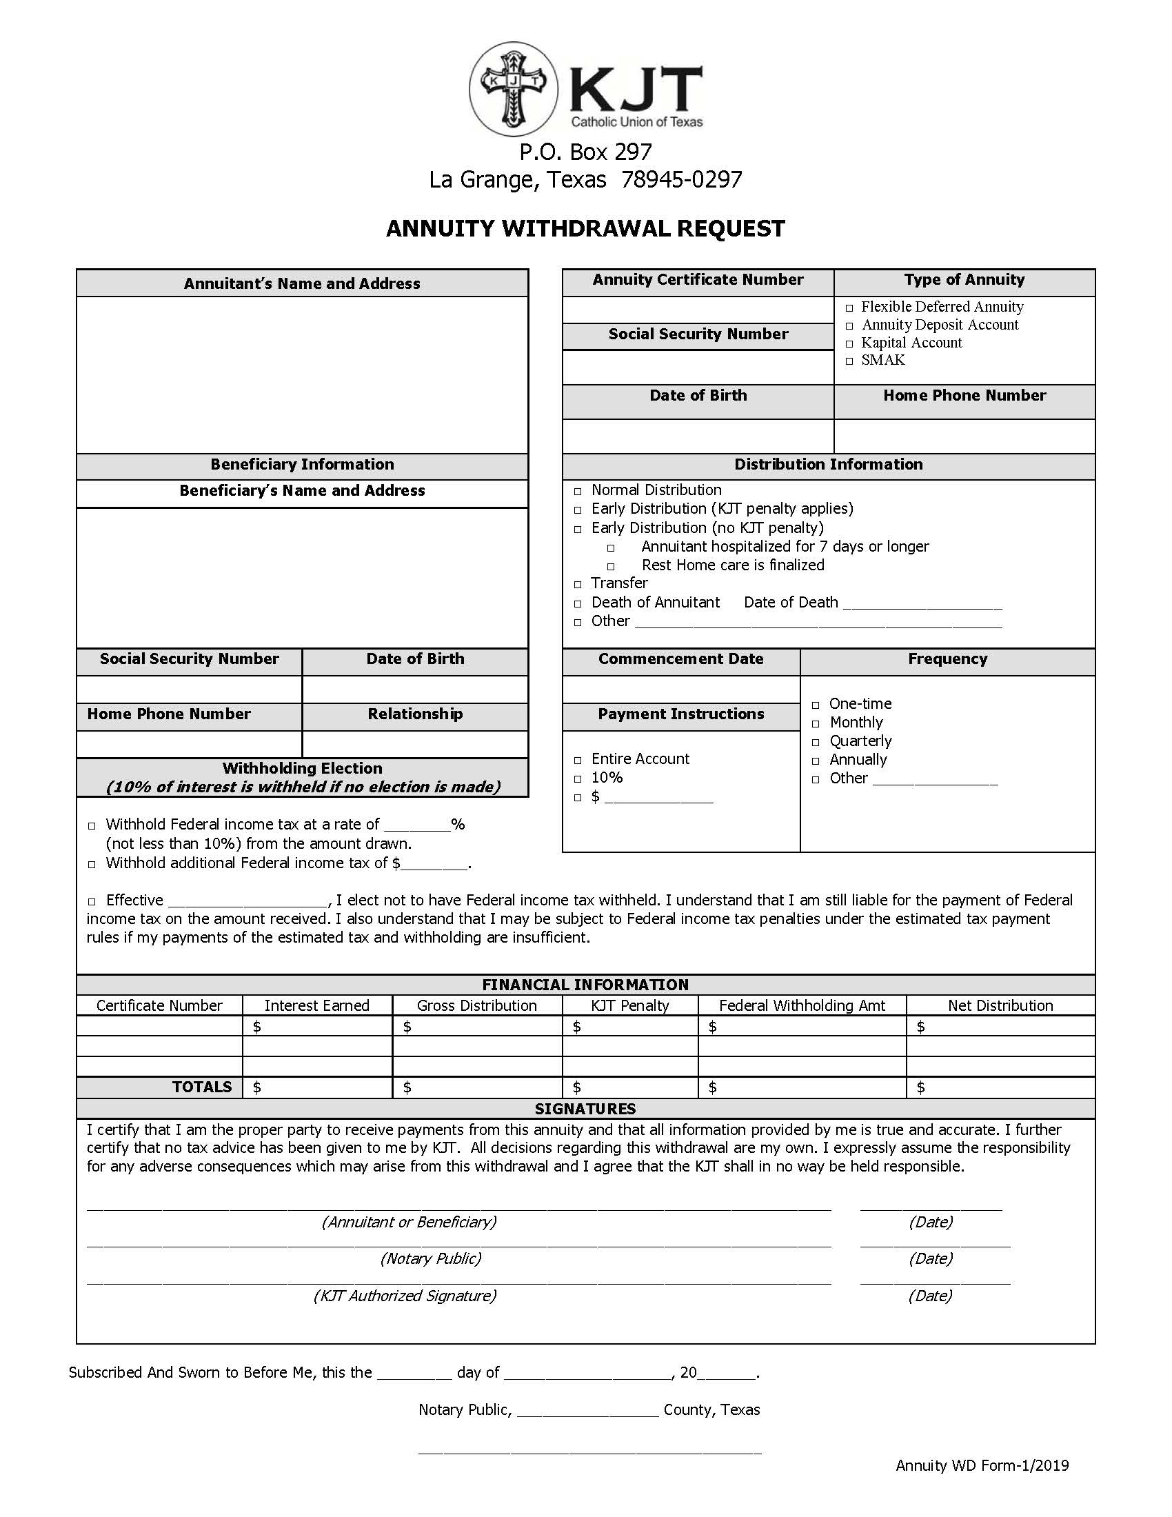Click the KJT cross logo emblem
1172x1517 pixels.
(x=513, y=89)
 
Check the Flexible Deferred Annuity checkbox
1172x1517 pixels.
(x=849, y=308)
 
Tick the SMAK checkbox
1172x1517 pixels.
(x=849, y=361)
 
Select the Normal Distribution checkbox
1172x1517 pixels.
(x=578, y=491)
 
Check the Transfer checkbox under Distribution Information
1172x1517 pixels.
(x=578, y=584)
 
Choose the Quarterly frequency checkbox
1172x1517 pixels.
(x=816, y=743)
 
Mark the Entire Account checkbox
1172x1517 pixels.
(x=578, y=760)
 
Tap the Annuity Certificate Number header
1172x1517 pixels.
(x=697, y=280)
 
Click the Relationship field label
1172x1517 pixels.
(x=414, y=714)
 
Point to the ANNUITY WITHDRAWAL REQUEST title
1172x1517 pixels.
(x=585, y=228)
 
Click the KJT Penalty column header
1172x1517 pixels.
(x=629, y=1005)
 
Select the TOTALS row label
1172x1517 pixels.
(x=201, y=1087)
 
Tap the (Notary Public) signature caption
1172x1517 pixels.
(x=430, y=1258)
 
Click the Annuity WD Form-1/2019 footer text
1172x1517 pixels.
(x=982, y=1465)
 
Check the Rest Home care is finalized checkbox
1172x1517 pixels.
(x=611, y=566)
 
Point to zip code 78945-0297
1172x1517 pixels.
(x=681, y=180)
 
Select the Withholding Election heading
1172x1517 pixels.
(x=302, y=768)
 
